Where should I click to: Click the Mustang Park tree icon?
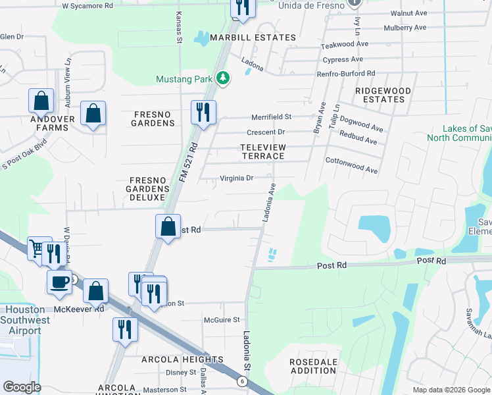coord(224,79)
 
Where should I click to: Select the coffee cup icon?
coord(59,282)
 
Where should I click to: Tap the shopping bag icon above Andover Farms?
coord(41,101)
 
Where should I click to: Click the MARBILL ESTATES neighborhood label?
coord(253,38)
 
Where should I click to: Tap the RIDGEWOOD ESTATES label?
coord(383,95)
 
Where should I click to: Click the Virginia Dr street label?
coord(237,178)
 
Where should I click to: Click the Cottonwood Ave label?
coord(351,165)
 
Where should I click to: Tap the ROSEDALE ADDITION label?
coord(313,367)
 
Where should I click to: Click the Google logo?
coord(22,387)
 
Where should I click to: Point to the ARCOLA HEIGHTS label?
coord(182,359)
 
